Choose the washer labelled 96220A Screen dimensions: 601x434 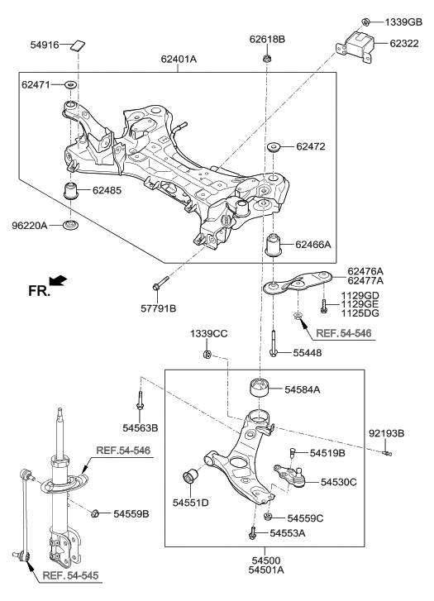pyautogui.click(x=73, y=224)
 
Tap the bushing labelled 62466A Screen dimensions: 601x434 pyautogui.click(x=274, y=246)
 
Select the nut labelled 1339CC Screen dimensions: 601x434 pyautogui.click(x=207, y=355)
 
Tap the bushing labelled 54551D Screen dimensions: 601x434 pyautogui.click(x=190, y=478)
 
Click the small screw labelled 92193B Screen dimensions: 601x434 pyautogui.click(x=386, y=451)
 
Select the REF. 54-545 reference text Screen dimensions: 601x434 pyautogui.click(x=72, y=576)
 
